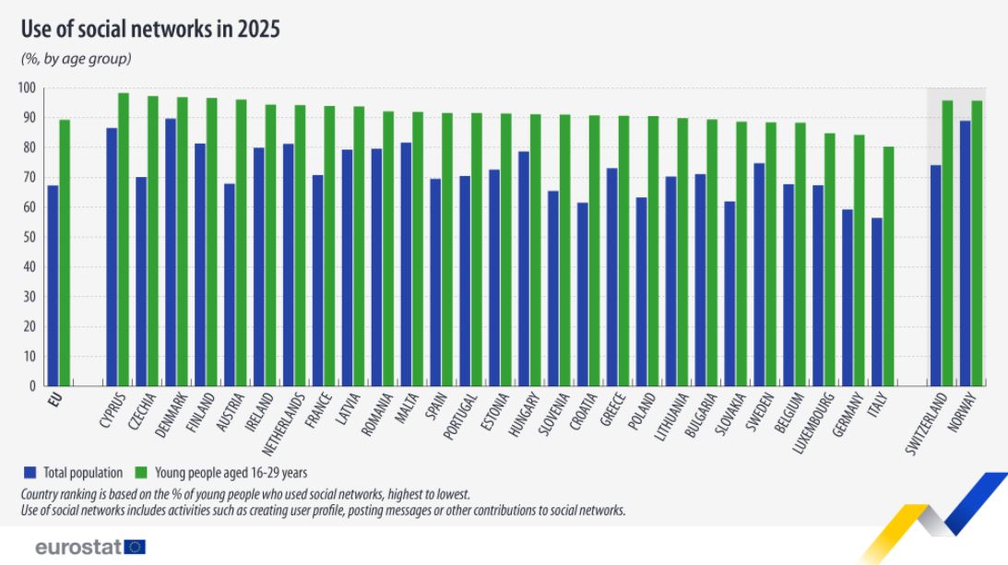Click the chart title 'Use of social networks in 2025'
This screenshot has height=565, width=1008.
point(150,29)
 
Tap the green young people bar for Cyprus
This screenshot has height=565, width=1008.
point(124,239)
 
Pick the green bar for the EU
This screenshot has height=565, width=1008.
point(65,253)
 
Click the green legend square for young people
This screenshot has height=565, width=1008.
point(140,473)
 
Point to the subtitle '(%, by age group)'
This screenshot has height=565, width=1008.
point(77,59)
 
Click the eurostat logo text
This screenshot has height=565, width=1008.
point(77,547)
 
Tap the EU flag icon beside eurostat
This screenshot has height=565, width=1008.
point(135,547)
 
